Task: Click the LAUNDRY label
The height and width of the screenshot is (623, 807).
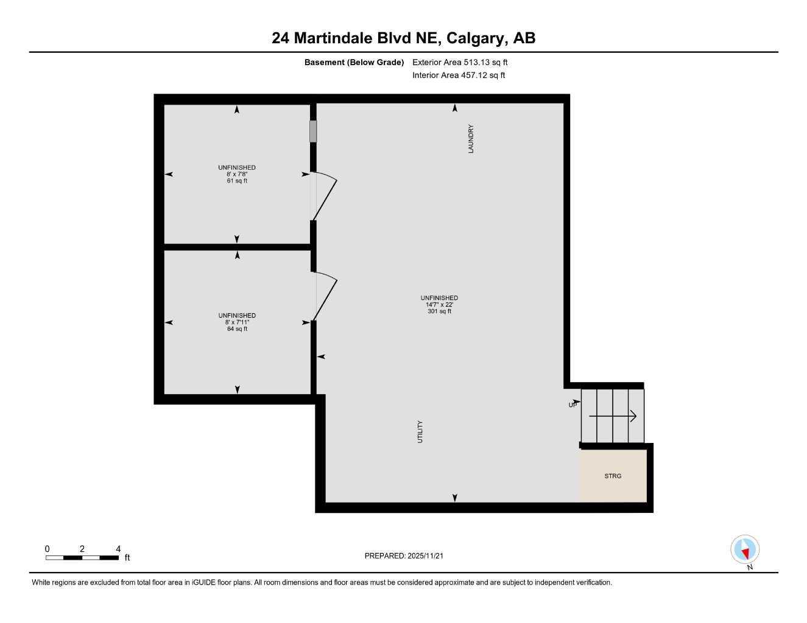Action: point(471,139)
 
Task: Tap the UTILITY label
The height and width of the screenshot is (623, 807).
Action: point(420,431)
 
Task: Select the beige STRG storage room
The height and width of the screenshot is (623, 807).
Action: point(613,476)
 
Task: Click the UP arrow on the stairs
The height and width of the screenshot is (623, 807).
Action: point(613,416)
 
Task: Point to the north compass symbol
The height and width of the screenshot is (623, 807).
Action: point(744,550)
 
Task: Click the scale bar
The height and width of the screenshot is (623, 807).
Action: point(82,557)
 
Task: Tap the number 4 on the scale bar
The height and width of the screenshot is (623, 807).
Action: point(118,549)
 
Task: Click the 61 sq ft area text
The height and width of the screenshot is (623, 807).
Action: point(237,181)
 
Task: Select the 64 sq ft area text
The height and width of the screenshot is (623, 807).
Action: point(237,329)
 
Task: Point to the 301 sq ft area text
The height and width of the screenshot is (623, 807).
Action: point(439,311)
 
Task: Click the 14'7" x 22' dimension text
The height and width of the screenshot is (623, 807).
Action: point(439,304)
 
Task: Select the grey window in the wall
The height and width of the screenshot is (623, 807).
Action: point(313,131)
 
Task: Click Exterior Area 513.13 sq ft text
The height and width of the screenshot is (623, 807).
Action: point(460,62)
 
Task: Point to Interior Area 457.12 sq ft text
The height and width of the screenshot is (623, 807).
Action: point(459,75)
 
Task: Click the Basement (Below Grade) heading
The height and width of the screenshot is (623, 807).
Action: point(354,62)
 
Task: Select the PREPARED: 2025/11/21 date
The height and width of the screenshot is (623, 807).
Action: point(408,555)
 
